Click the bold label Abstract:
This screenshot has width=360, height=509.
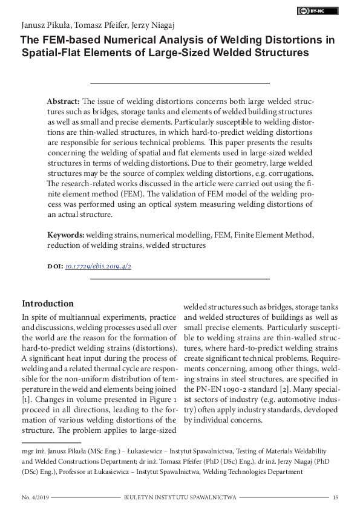coord(64,102)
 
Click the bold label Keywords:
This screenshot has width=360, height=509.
coord(66,235)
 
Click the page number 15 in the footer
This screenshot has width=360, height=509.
coord(335,497)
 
